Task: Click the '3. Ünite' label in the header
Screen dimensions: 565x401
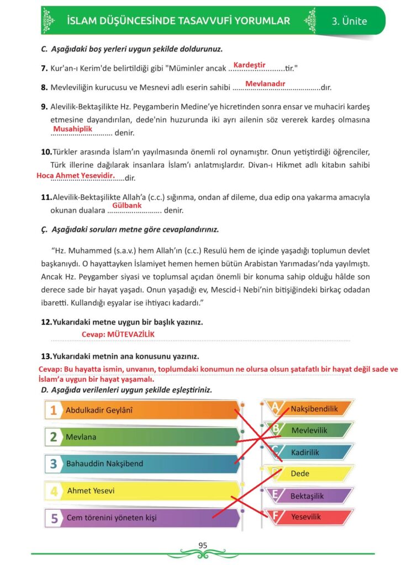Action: (x=349, y=22)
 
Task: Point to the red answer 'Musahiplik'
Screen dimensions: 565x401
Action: (x=72, y=129)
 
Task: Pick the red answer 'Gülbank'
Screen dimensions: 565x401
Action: (x=126, y=205)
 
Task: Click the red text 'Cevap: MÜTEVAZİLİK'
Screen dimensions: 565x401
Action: (x=118, y=334)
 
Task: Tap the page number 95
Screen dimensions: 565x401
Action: (x=202, y=545)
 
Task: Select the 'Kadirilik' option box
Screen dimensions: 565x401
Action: (x=312, y=452)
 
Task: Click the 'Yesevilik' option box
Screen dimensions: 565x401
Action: (x=312, y=517)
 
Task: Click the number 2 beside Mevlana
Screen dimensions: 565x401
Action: (x=54, y=437)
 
